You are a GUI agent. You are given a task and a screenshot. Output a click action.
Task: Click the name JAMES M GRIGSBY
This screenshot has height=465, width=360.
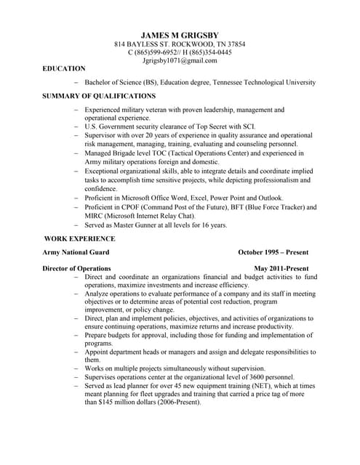180,34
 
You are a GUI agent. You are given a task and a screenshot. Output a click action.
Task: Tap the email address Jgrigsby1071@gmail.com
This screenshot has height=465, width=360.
180,62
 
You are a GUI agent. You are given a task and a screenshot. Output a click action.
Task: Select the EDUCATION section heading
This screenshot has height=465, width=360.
64,68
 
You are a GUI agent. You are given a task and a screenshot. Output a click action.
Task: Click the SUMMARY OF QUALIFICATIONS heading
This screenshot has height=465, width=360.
98,96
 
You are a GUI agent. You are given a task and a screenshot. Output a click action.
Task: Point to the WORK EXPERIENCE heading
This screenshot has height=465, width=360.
79,238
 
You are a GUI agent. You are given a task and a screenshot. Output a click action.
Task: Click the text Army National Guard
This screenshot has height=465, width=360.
76,252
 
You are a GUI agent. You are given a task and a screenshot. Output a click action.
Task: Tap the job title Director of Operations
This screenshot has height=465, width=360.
76,268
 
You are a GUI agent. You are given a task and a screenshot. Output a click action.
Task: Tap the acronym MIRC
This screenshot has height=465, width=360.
94,216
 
